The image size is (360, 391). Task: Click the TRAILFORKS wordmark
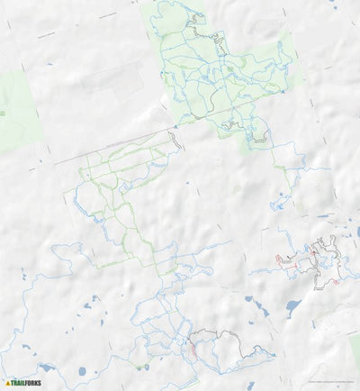point(26,382)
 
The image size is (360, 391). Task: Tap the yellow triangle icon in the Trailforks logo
point(8,382)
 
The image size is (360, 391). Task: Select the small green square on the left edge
point(3,114)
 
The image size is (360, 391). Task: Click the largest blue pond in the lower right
point(292,309)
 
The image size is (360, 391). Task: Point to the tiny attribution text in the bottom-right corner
point(330,380)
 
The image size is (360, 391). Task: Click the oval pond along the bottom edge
point(82,370)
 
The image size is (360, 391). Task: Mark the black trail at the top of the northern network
point(194,18)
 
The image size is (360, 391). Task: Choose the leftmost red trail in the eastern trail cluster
point(281,260)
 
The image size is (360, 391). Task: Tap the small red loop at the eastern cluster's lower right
point(335,283)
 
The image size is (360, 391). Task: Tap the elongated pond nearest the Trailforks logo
point(42,368)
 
